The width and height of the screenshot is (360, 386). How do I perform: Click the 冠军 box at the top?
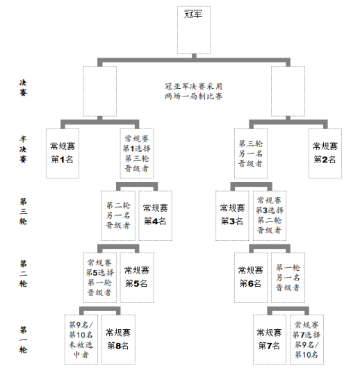tap(194, 30)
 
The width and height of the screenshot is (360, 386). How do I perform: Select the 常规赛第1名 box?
tap(63, 153)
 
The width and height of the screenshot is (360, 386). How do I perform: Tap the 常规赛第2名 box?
tap(325, 153)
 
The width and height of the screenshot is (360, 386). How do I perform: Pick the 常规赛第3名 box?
tap(232, 215)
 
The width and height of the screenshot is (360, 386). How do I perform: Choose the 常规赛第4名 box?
tap(155, 215)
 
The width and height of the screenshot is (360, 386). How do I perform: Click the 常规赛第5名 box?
tap(137, 278)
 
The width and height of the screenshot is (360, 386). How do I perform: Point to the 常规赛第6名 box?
tap(251, 278)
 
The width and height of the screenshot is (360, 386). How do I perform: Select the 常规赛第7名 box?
tap(270, 339)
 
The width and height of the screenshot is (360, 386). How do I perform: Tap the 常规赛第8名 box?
tap(118, 339)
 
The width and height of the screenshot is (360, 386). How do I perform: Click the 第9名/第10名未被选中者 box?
tap(81, 339)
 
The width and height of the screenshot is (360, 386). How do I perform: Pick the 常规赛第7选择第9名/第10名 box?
tap(306, 339)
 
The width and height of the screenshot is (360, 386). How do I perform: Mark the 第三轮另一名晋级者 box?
tap(251, 153)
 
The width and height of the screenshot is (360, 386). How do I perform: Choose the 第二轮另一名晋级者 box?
tap(118, 215)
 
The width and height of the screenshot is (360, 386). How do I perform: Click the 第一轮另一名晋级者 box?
tap(288, 278)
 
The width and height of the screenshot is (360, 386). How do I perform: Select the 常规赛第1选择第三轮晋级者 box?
tap(137, 153)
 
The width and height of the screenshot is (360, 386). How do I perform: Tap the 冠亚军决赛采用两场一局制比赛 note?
tap(194, 92)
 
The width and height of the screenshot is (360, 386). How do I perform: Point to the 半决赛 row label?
tap(23, 149)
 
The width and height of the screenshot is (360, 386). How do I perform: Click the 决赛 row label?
tap(23, 87)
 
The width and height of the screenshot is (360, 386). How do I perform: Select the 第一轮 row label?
tap(23, 339)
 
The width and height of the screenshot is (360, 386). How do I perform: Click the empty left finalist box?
tap(100, 91)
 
